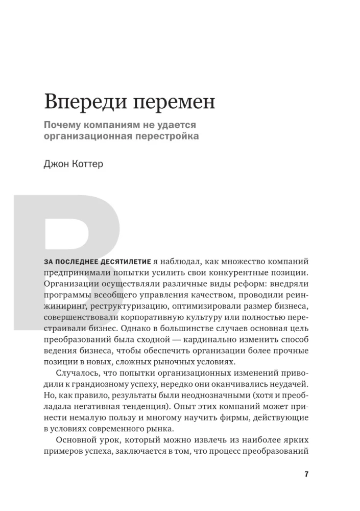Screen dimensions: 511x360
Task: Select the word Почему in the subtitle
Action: tap(63, 125)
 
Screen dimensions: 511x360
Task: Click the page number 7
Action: tap(306, 474)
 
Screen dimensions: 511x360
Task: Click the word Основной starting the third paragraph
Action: tap(77, 440)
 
